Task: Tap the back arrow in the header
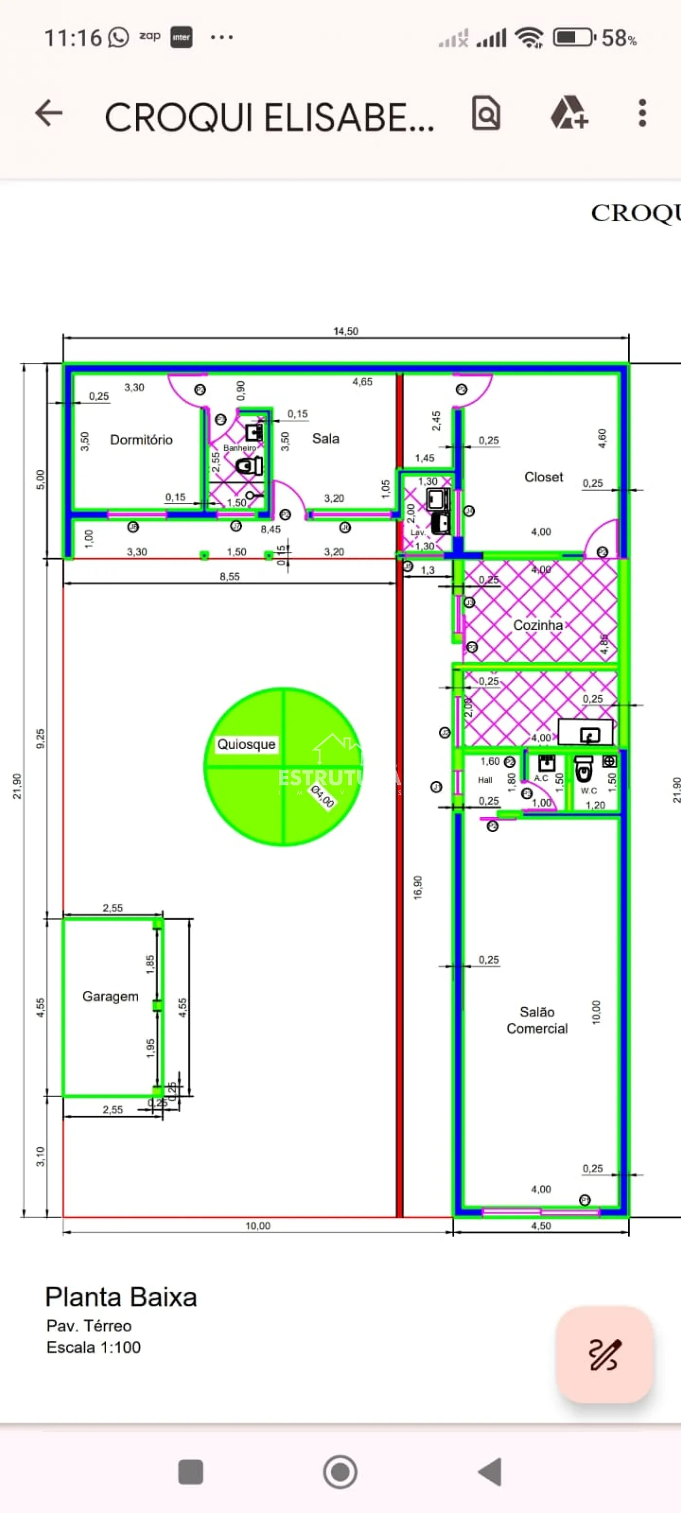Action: [x=49, y=113]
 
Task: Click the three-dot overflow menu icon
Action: [x=642, y=113]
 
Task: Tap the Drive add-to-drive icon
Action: [x=568, y=113]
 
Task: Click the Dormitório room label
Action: [x=141, y=440]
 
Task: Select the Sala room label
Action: [x=325, y=439]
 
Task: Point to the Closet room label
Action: [x=543, y=477]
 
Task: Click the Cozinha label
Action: [x=538, y=625]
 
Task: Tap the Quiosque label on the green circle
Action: [x=246, y=744]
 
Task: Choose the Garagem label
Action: [x=110, y=996]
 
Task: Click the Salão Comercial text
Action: [x=537, y=1020]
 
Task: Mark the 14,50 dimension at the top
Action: [x=345, y=331]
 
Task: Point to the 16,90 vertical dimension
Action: [x=418, y=888]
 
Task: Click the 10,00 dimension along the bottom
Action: [x=257, y=1226]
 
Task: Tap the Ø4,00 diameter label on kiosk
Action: [x=322, y=797]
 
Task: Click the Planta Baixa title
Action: [x=121, y=1298]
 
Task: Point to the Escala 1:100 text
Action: [x=94, y=1347]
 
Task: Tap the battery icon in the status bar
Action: [x=573, y=38]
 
